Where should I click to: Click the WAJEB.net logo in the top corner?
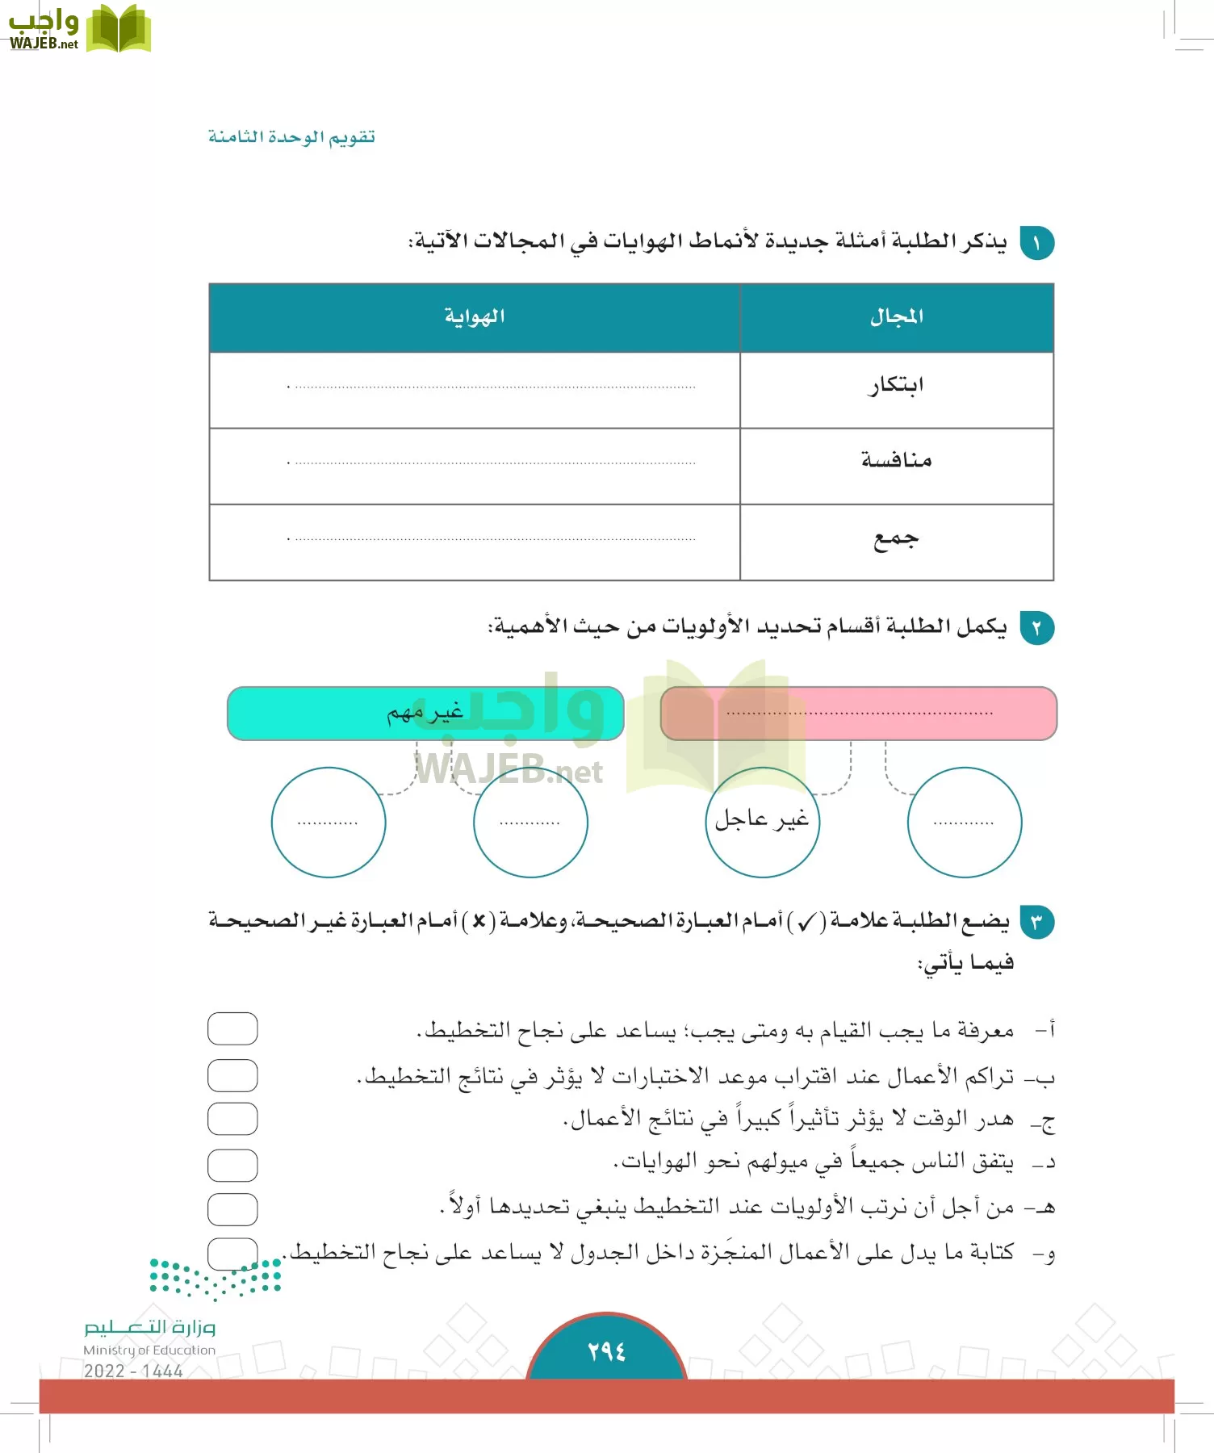click(x=78, y=30)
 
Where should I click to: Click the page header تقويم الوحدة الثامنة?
click(x=291, y=137)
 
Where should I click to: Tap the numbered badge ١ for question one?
click(x=1036, y=243)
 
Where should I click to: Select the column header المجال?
click(x=896, y=317)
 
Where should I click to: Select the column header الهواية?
click(x=475, y=317)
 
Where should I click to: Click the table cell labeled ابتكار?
click(x=896, y=386)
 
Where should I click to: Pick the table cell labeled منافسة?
click(x=896, y=462)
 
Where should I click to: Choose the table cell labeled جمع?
click(x=896, y=539)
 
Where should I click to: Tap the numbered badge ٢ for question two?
click(x=1036, y=628)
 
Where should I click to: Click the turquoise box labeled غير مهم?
click(x=425, y=714)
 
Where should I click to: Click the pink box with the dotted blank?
click(x=859, y=714)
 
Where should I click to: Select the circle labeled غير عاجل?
click(x=762, y=822)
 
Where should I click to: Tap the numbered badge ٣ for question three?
click(x=1036, y=922)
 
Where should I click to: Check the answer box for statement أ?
click(x=232, y=1028)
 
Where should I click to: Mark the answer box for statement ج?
click(x=232, y=1119)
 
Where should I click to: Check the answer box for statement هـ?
click(x=232, y=1209)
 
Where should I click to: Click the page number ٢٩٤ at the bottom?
click(x=606, y=1351)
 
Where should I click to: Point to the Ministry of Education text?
click(x=149, y=1350)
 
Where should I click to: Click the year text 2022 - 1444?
click(x=133, y=1371)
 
